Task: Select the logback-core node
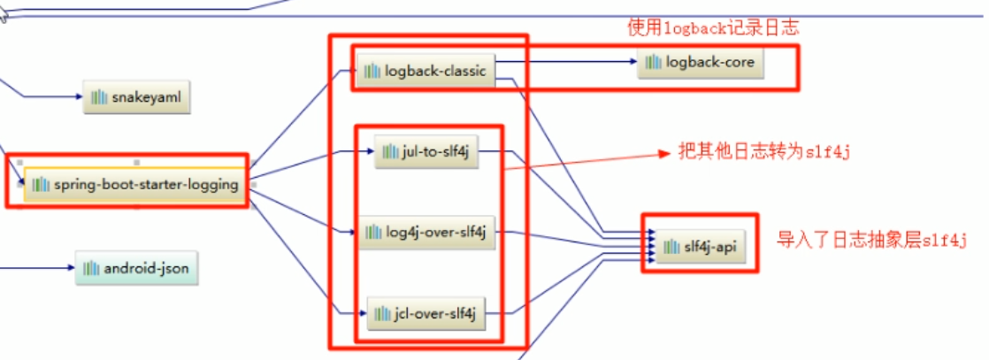coord(701,62)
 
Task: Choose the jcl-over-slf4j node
coord(426,313)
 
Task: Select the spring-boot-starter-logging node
coord(134,185)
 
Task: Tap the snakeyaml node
coord(137,96)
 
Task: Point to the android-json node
coord(136,267)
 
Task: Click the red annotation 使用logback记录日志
coord(713,28)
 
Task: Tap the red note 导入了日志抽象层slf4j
coord(871,239)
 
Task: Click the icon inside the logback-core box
coord(654,62)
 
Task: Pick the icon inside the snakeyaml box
coord(99,96)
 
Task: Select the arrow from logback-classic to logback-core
coord(566,62)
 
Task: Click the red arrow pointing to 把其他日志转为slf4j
coord(584,161)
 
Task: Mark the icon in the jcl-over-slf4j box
coord(382,313)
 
